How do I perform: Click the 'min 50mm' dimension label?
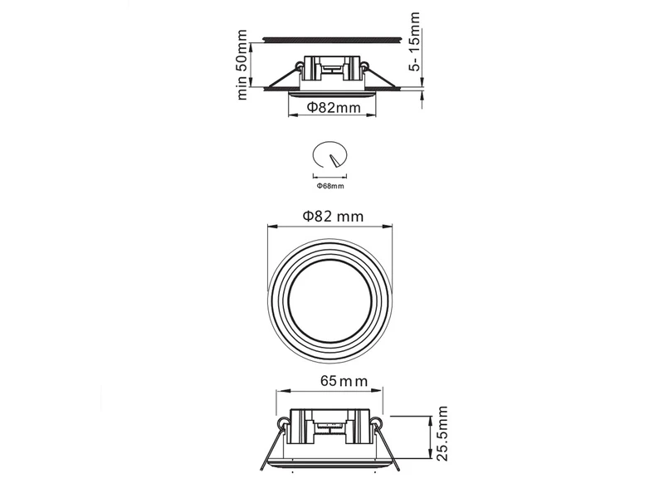242,65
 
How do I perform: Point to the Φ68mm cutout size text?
330,186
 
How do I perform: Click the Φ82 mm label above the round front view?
332,216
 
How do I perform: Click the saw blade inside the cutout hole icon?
333,159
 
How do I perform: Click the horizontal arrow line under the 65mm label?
331,395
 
